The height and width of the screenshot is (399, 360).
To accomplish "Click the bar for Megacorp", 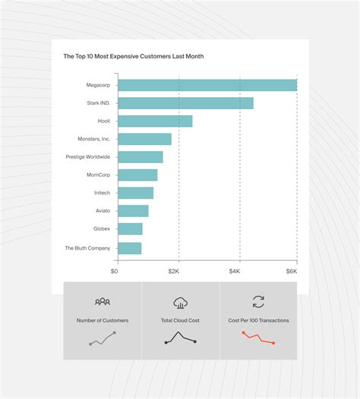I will pyautogui.click(x=207, y=85).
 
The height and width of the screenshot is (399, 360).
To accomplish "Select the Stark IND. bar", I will pyautogui.click(x=186, y=103).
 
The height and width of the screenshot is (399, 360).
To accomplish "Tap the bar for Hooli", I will pyautogui.click(x=156, y=121).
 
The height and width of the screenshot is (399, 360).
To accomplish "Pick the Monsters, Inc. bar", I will pyautogui.click(x=145, y=139).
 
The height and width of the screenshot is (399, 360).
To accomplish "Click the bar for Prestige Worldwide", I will pyautogui.click(x=141, y=157).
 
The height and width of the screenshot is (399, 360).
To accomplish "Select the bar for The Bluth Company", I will pyautogui.click(x=130, y=248).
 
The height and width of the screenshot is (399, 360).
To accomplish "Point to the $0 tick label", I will pyautogui.click(x=115, y=271).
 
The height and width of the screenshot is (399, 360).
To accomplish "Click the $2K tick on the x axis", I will pyautogui.click(x=175, y=271).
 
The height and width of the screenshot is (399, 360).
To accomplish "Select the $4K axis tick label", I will pyautogui.click(x=235, y=271).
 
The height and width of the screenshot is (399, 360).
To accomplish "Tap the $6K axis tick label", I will pyautogui.click(x=292, y=271).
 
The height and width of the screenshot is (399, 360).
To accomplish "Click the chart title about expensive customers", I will pyautogui.click(x=133, y=56).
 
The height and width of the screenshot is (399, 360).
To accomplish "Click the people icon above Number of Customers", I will pyautogui.click(x=103, y=302).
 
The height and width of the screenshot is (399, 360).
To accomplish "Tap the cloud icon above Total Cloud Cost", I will pyautogui.click(x=181, y=303).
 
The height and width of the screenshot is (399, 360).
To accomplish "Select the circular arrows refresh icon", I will pyautogui.click(x=258, y=302).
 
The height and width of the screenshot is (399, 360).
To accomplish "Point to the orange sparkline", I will pyautogui.click(x=258, y=338).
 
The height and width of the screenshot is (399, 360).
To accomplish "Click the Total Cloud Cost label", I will pyautogui.click(x=181, y=321).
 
